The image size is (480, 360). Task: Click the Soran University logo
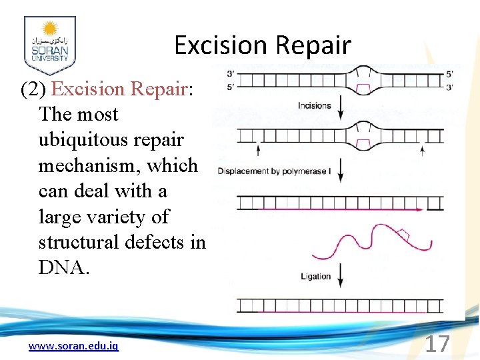(x=49, y=45)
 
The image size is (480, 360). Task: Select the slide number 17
(x=437, y=344)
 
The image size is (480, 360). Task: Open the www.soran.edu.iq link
(x=73, y=346)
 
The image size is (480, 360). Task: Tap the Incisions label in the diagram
(x=315, y=105)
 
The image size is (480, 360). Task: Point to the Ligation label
(x=315, y=276)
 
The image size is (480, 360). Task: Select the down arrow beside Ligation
(x=341, y=275)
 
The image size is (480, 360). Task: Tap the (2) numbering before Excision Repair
(x=34, y=89)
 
